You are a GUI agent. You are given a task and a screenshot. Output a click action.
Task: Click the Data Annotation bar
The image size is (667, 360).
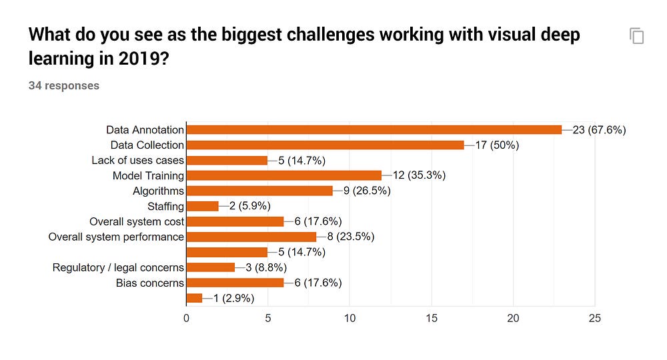374,130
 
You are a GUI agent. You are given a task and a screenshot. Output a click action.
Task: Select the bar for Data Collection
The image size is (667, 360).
325,145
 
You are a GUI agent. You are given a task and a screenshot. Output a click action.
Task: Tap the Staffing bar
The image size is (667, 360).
202,207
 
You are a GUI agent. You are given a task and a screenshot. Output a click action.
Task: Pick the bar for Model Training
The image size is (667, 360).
283,176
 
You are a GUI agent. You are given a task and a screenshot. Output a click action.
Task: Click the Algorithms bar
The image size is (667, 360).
259,191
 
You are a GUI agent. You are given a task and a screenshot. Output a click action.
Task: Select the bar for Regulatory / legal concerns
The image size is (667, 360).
210,268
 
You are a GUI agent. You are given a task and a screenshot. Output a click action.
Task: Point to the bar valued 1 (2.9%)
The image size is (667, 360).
194,299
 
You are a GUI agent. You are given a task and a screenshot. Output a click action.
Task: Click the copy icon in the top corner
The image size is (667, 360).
637,36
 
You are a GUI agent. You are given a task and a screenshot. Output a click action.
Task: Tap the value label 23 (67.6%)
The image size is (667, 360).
599,130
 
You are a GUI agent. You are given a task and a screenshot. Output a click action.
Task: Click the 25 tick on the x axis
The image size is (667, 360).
594,319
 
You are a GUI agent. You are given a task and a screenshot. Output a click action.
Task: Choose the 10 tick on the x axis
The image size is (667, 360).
350,319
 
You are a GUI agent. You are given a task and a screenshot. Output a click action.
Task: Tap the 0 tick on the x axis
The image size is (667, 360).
187,319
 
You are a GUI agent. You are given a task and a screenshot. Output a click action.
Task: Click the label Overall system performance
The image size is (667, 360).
116,237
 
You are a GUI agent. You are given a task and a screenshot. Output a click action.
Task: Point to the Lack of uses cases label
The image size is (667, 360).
137,161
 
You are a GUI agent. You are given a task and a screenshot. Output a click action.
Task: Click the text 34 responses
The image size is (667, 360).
64,85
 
